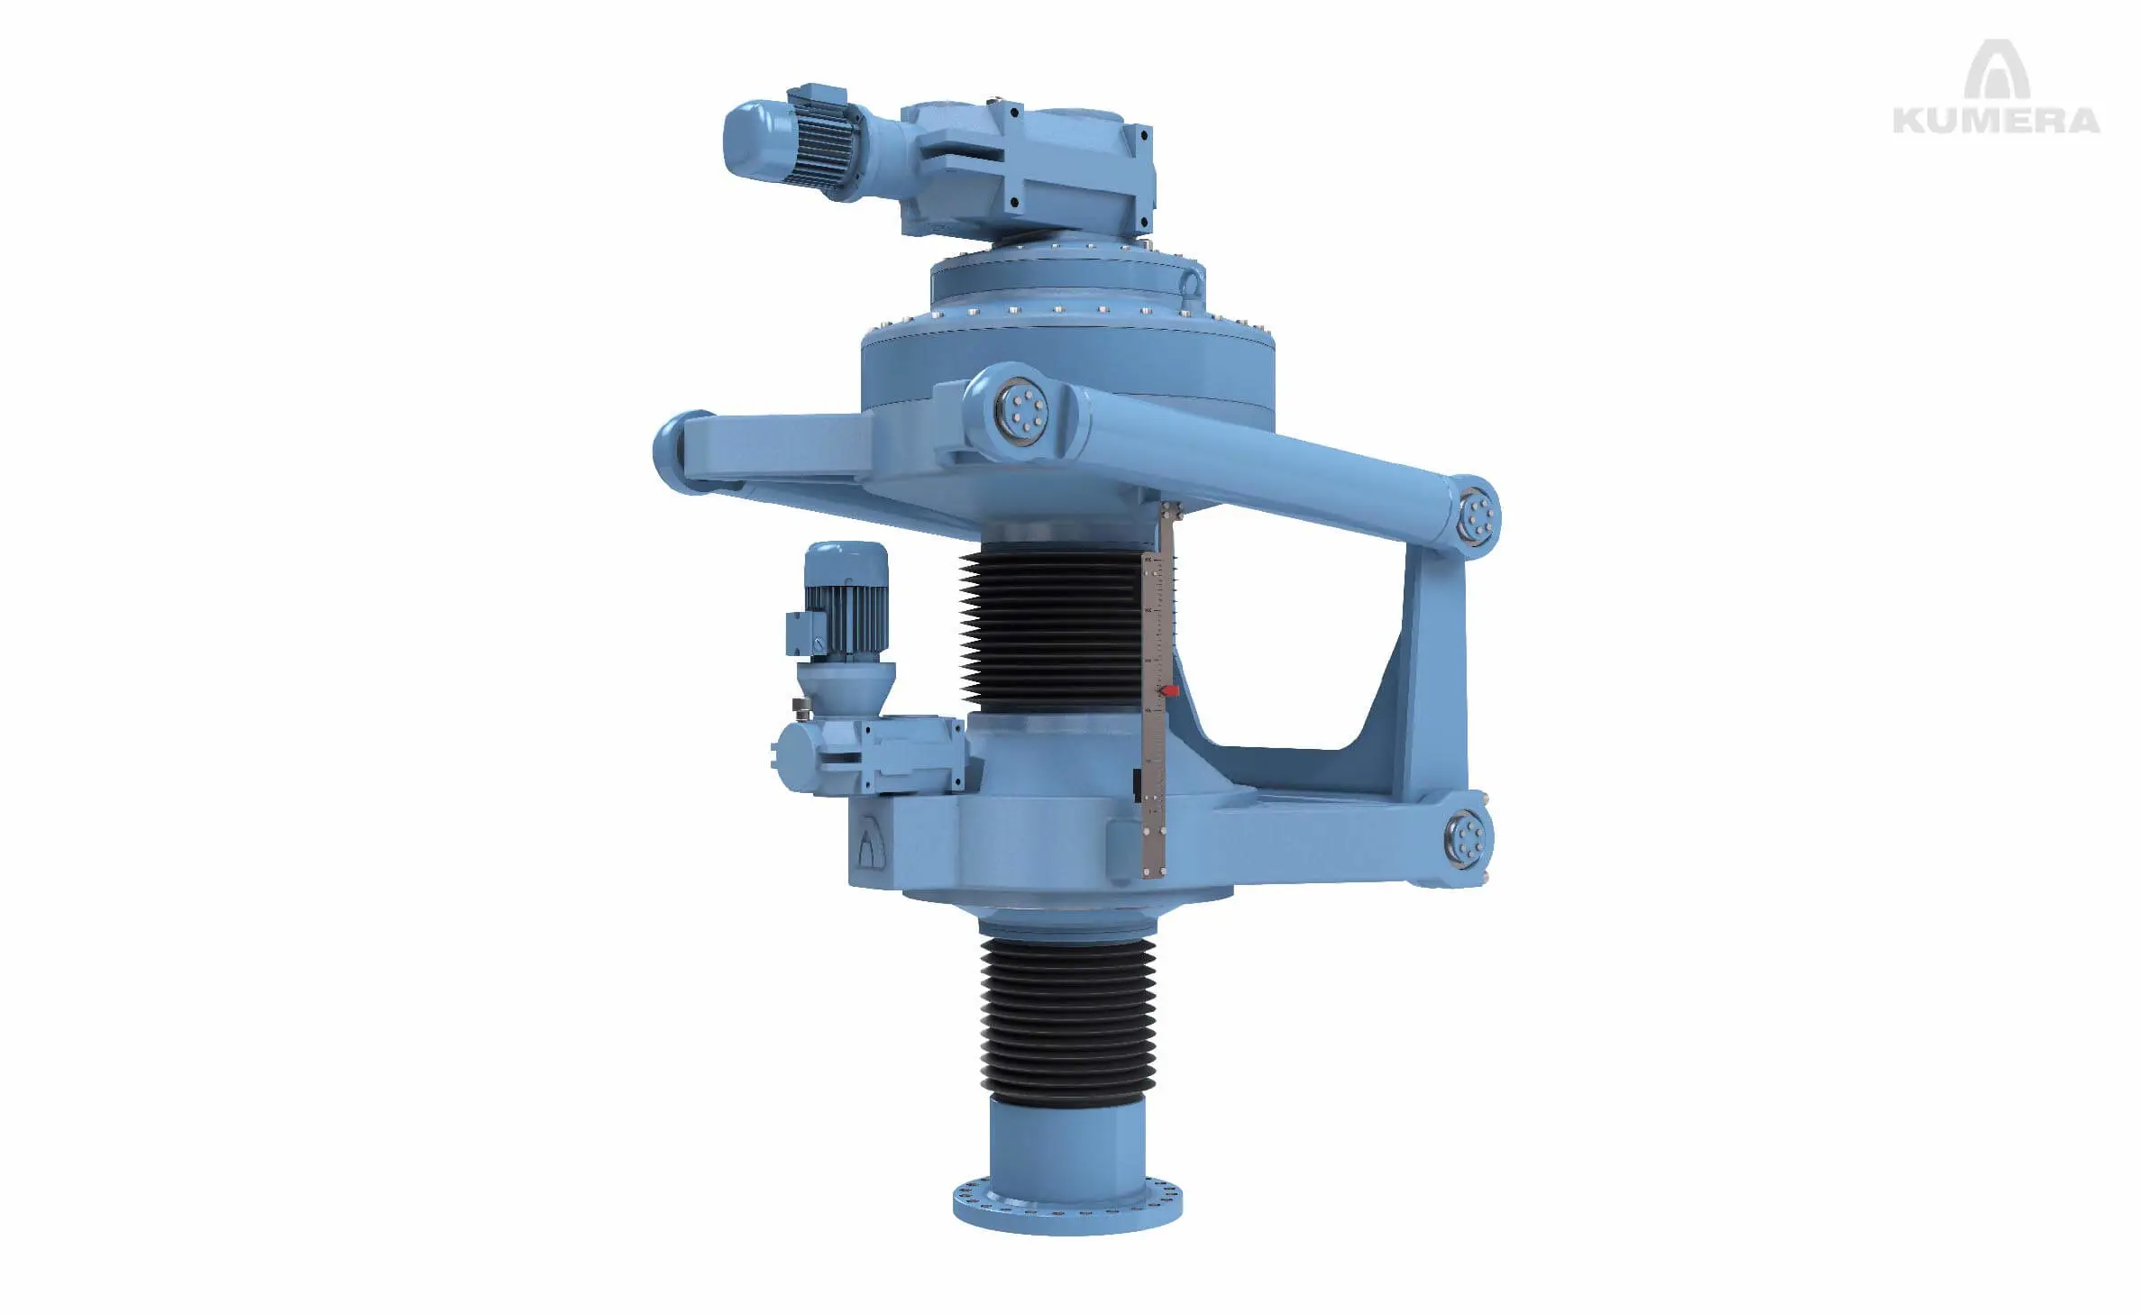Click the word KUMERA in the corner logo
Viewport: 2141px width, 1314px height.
coord(1996,120)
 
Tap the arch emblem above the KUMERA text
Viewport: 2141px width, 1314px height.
coord(1997,70)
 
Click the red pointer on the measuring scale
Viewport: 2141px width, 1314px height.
coord(1169,690)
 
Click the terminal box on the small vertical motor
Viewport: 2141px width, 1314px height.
coord(801,633)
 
